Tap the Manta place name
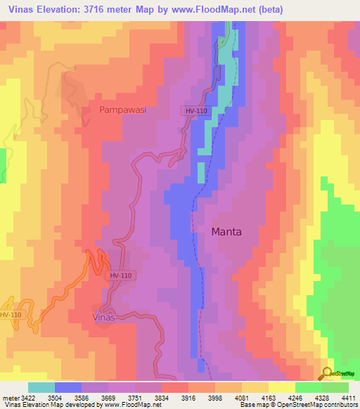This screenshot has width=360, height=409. tap(226, 231)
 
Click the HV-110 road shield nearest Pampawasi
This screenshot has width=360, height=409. tap(195, 111)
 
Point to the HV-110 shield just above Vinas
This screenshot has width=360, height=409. tap(121, 276)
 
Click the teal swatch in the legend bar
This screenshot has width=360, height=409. tap(41, 387)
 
